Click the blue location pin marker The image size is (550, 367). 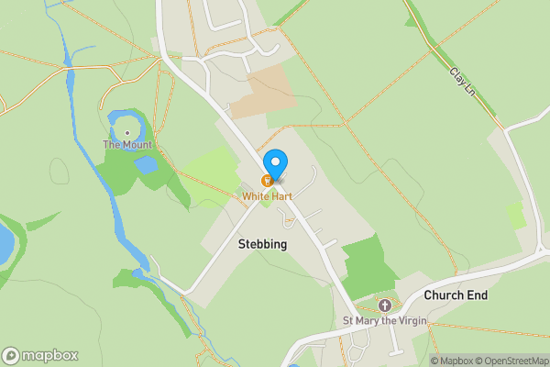coord(274,163)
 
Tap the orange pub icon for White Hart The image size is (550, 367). coord(268,181)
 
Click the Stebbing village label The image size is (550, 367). coord(262,245)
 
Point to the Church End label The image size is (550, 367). coord(456,295)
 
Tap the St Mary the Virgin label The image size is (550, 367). coord(385,321)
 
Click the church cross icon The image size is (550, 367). coord(385,306)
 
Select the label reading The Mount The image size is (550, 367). coord(127,145)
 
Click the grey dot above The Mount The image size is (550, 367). coord(127,131)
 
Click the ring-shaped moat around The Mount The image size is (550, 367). coord(114,119)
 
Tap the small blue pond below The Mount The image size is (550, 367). coord(146,165)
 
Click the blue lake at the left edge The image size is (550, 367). coord(5,242)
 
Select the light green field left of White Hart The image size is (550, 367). coord(214,169)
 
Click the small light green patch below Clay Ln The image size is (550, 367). coord(516,216)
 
